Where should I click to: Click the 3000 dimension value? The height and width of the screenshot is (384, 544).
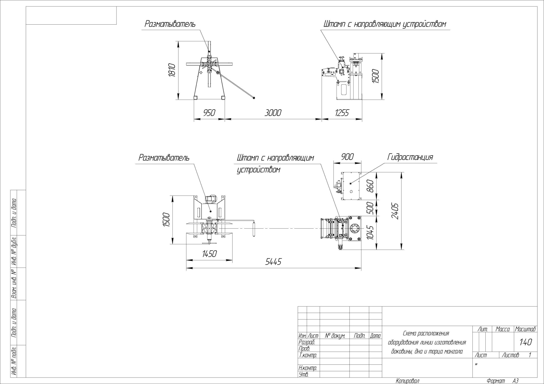click(273, 113)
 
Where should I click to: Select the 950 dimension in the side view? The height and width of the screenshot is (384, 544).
click(209, 113)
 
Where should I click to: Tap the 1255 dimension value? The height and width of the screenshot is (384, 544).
click(342, 113)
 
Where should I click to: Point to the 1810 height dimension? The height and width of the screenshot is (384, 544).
click(172, 70)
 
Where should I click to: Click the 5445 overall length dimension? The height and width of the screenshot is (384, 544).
click(273, 262)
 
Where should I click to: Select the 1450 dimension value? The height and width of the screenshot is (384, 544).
click(209, 254)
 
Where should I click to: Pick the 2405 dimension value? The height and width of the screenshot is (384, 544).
click(395, 211)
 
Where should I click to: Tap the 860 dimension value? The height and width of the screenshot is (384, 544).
click(370, 186)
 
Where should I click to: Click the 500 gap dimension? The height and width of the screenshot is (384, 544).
click(370, 208)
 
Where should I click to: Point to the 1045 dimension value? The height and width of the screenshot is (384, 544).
click(370, 232)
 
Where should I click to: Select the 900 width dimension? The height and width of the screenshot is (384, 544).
click(347, 157)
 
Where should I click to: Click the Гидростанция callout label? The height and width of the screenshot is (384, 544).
click(410, 157)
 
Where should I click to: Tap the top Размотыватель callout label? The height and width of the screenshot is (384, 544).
click(170, 24)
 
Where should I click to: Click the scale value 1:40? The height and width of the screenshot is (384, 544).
click(526, 342)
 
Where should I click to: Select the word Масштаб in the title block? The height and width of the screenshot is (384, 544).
click(525, 329)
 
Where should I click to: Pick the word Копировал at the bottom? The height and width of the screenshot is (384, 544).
click(407, 381)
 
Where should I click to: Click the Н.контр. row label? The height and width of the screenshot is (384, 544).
click(307, 368)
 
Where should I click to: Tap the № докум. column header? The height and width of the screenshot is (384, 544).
click(335, 336)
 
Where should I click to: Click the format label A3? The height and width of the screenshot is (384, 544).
click(515, 381)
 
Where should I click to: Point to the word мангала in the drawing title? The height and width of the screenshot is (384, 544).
click(453, 351)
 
